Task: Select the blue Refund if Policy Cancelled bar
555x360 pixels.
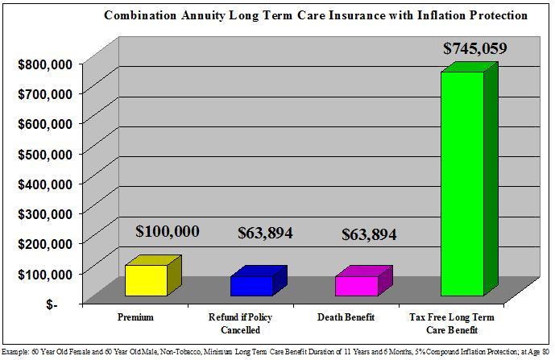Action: click(251, 285)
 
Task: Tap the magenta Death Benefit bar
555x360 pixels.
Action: click(357, 285)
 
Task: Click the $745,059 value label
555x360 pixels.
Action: click(475, 49)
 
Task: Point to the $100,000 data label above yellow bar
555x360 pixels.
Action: click(168, 232)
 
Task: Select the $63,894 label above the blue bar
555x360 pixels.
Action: click(265, 234)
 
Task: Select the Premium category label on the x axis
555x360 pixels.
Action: click(135, 317)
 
